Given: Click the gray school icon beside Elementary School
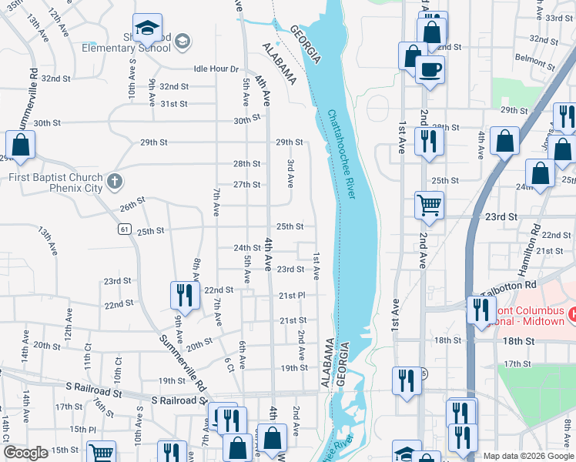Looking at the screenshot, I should tap(183, 42).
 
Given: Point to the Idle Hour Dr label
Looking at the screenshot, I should tap(216, 69).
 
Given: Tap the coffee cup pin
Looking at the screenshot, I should tap(430, 69).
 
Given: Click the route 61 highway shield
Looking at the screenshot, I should tap(124, 229).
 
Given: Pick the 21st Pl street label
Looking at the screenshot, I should tap(292, 295).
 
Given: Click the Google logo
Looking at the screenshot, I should tap(26, 453).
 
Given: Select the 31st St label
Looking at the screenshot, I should tap(174, 104).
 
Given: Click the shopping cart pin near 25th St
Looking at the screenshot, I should tap(430, 205).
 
